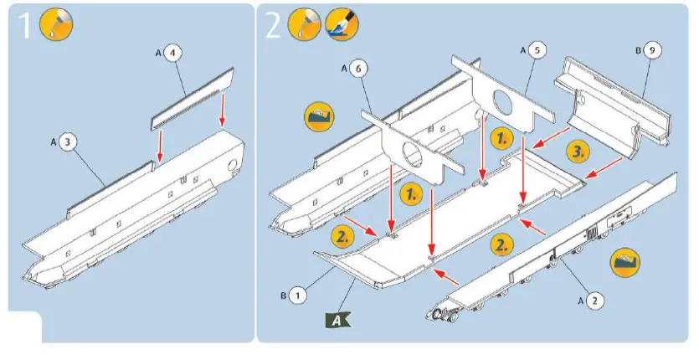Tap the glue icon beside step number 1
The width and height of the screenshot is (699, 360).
[57, 26]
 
